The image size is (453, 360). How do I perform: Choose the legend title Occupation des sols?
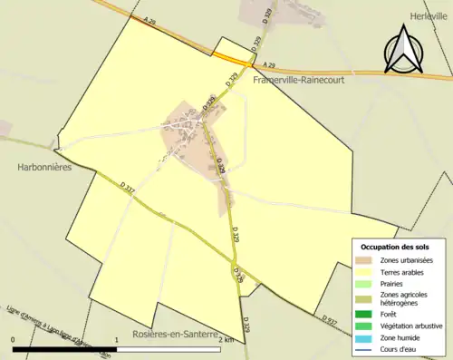400,247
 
